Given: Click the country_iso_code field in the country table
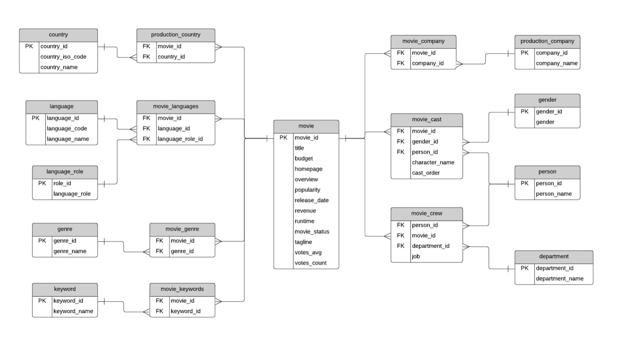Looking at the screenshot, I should click(x=63, y=57).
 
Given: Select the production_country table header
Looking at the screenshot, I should click(x=176, y=35).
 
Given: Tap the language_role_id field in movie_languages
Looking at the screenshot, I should click(x=180, y=139).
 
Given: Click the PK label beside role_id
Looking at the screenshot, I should click(x=42, y=183).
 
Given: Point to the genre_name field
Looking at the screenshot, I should click(x=70, y=251).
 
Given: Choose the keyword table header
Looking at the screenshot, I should click(x=65, y=289).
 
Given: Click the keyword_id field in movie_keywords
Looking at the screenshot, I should click(x=185, y=311).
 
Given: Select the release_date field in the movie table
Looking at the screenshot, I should click(x=311, y=200).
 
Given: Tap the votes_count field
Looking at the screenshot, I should click(x=310, y=263).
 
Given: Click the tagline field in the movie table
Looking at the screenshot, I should click(x=303, y=242).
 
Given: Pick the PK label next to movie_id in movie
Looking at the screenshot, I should click(x=283, y=138).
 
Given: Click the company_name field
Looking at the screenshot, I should click(x=557, y=63).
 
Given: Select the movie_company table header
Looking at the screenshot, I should click(x=424, y=41).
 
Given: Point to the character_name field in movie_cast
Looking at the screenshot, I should click(x=433, y=163).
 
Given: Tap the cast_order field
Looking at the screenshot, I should click(x=426, y=173).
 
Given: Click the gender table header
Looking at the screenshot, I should click(x=547, y=100).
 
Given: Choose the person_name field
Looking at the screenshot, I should click(x=554, y=194).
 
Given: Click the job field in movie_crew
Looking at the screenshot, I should click(x=416, y=257).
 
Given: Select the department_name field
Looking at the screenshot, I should click(x=560, y=278).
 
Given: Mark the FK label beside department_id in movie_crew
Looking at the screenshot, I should click(x=401, y=246).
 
